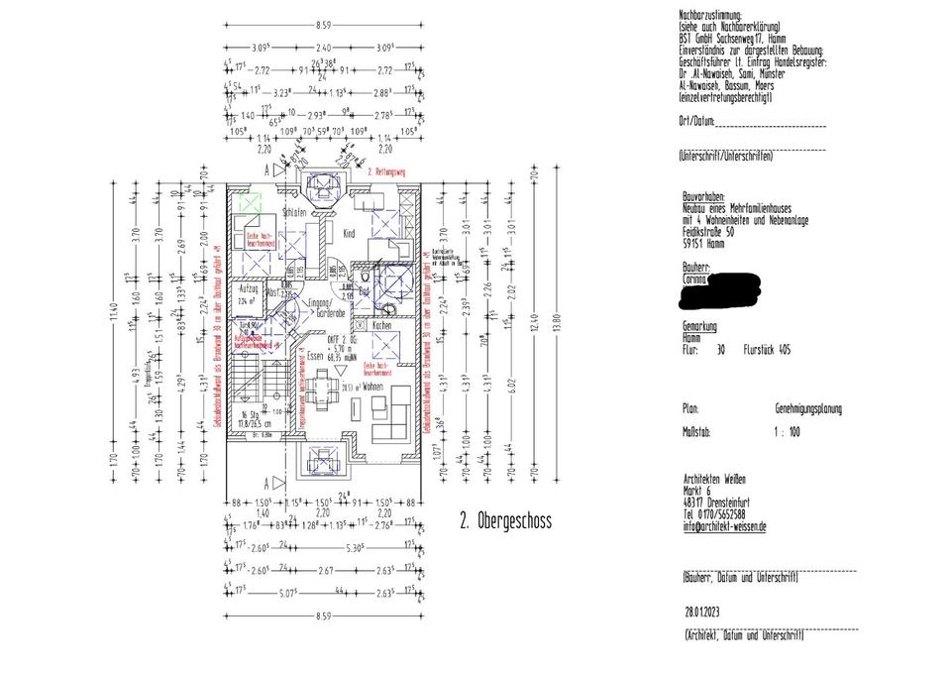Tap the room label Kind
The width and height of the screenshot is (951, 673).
348,233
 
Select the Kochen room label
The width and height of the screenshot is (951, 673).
382,325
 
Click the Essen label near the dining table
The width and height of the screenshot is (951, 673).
315,354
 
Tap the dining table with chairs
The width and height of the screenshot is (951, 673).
322,386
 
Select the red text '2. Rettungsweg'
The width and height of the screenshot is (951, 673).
387,172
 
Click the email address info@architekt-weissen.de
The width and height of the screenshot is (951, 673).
724,526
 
